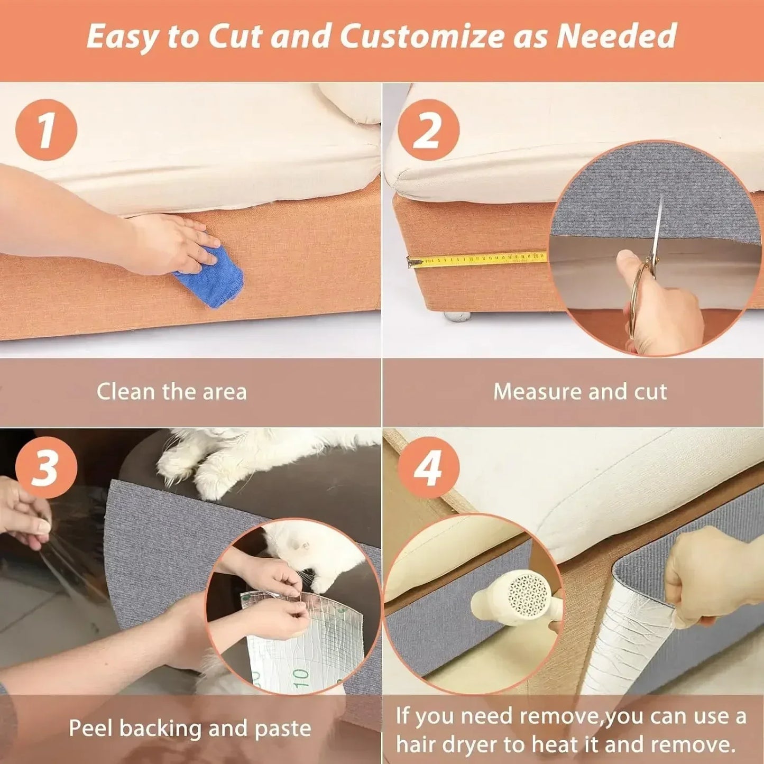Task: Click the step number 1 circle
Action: coord(46,130)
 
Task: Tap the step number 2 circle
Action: coord(428,130)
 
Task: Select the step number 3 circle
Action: coord(46,467)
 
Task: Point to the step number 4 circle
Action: coord(428,467)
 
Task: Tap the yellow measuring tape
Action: coord(476,259)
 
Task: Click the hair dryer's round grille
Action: coord(529,592)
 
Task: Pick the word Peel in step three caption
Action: coord(91,729)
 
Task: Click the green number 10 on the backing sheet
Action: coord(300,677)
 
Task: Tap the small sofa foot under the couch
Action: coord(457,316)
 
